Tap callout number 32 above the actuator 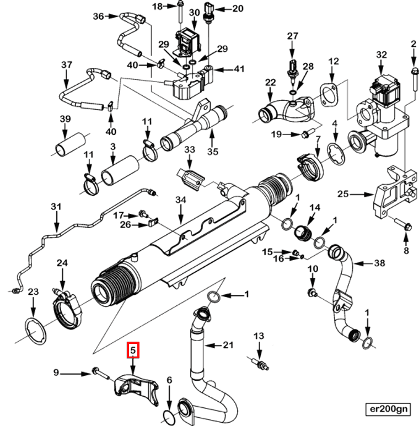[x=382, y=55]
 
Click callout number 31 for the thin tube [x=55, y=207]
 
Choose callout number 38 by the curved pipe [x=379, y=263]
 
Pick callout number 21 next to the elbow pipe [x=228, y=346]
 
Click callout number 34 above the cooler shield [x=181, y=199]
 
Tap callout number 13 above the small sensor [x=259, y=336]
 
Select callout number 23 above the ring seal [x=33, y=292]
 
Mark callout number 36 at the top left [x=99, y=16]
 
